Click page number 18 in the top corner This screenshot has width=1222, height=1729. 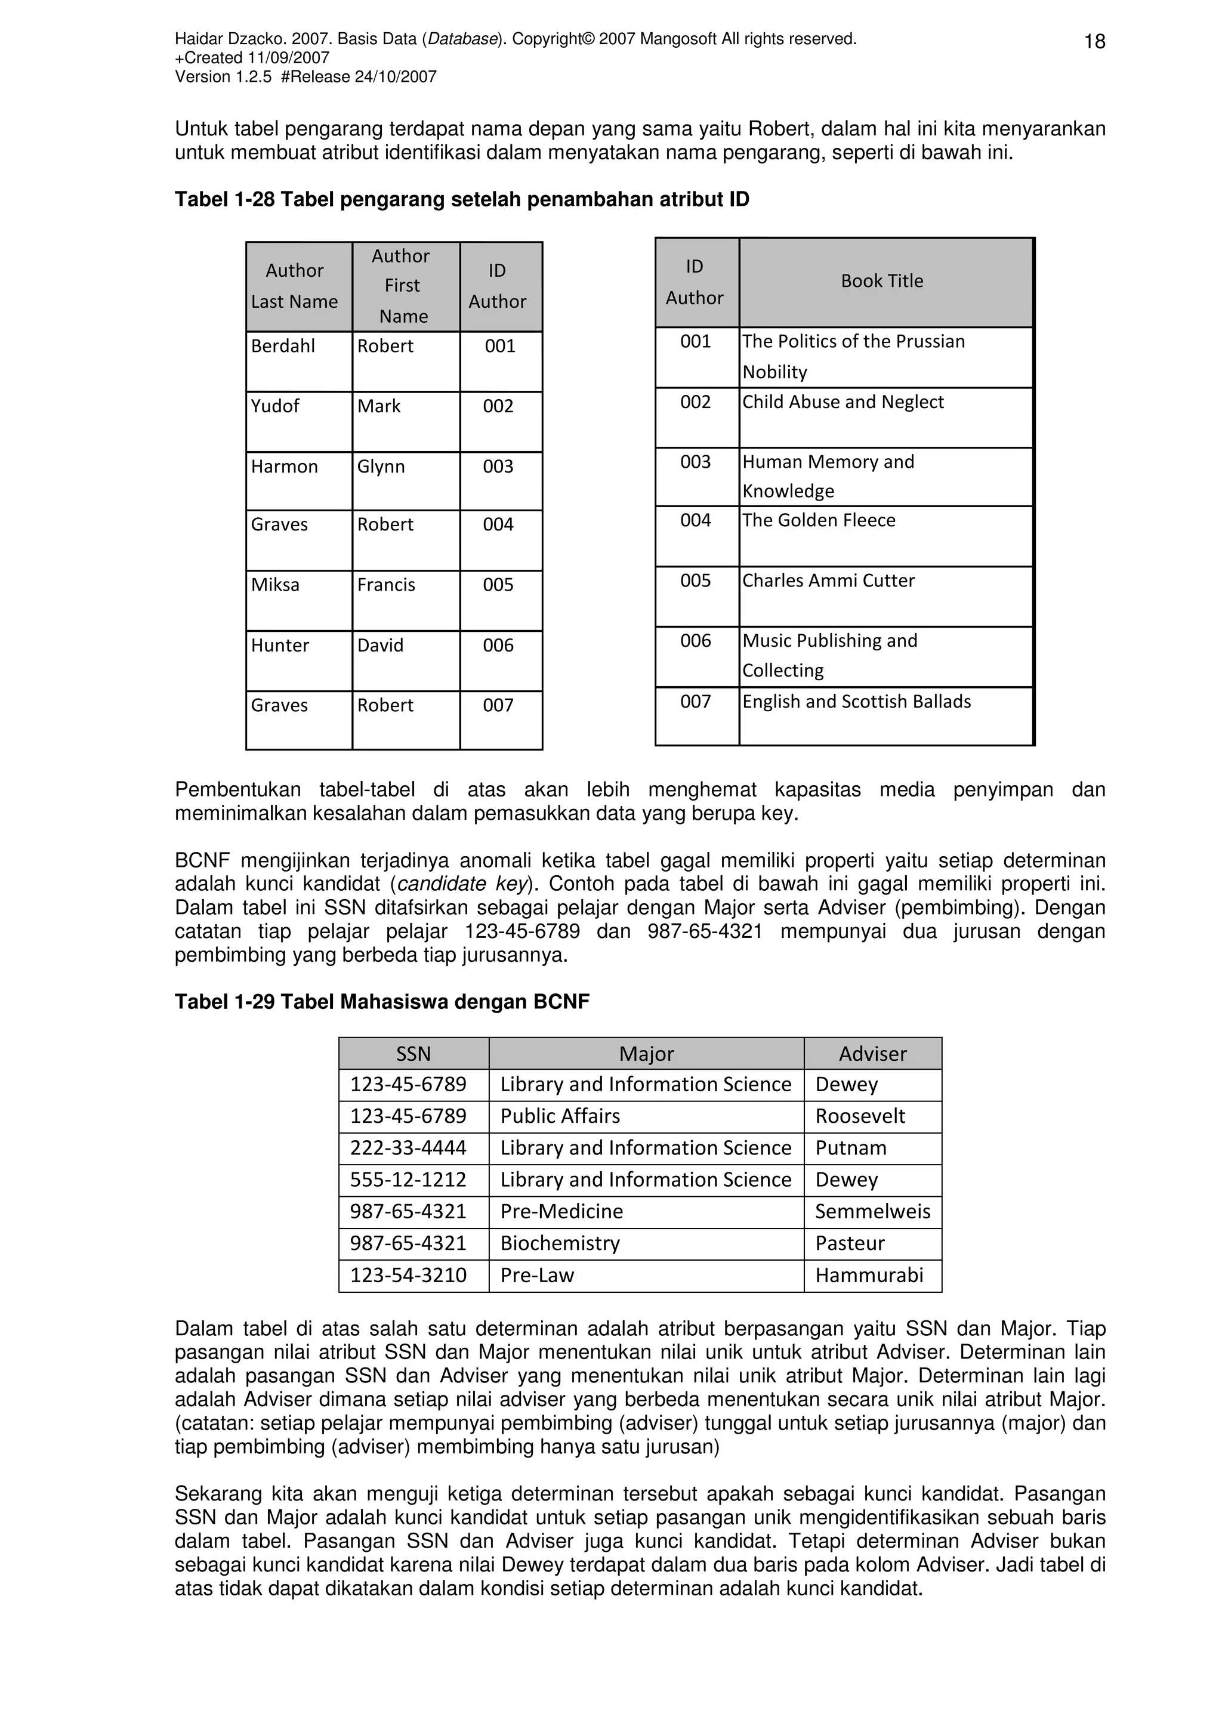point(1094,41)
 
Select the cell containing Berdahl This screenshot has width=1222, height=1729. point(283,347)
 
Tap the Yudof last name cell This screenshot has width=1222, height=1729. point(275,407)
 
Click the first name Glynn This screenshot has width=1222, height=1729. point(381,467)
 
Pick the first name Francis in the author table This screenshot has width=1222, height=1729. point(386,585)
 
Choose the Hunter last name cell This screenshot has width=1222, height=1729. point(280,646)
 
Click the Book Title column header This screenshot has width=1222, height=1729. point(882,282)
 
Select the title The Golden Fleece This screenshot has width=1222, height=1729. point(819,520)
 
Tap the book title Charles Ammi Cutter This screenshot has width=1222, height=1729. point(828,581)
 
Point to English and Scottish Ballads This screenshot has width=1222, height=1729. point(857,702)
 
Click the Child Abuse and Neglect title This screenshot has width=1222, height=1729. point(843,402)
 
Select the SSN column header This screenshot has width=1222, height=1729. point(413,1054)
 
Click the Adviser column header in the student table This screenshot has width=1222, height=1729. point(872,1054)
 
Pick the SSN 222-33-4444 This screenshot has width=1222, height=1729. point(408,1148)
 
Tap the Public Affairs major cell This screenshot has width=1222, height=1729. point(560,1116)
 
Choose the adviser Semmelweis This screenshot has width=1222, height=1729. point(872,1212)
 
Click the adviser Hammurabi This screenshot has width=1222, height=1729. point(869,1275)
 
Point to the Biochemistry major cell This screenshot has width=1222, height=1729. point(560,1243)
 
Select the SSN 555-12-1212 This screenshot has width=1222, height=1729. point(408,1180)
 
